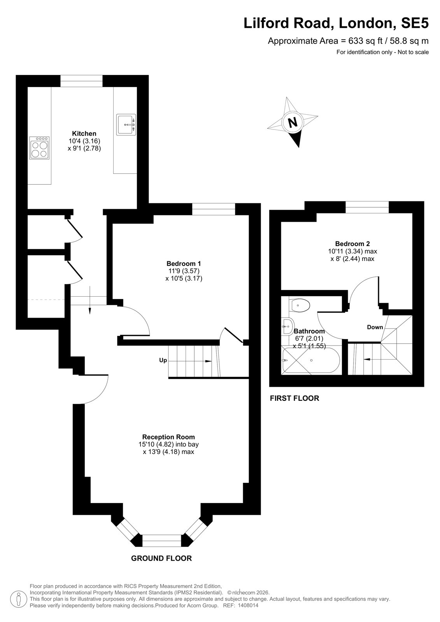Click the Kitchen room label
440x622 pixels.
click(84, 133)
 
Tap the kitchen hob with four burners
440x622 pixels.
click(39, 148)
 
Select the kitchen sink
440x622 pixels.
click(126, 125)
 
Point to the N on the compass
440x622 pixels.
click(292, 122)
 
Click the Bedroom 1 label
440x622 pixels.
click(184, 263)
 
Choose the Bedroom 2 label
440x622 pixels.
click(352, 243)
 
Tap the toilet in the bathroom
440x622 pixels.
click(299, 305)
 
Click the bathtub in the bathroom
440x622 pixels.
click(311, 360)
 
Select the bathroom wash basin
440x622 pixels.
click(287, 327)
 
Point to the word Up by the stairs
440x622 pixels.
click(163, 360)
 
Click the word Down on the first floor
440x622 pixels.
click(375, 327)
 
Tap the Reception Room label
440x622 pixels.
click(168, 437)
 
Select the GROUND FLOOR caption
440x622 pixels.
click(161, 558)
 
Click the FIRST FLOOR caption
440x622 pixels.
click(295, 398)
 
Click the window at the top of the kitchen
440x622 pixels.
click(81, 81)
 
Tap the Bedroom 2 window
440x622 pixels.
click(367, 207)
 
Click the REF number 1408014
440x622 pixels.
click(248, 605)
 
